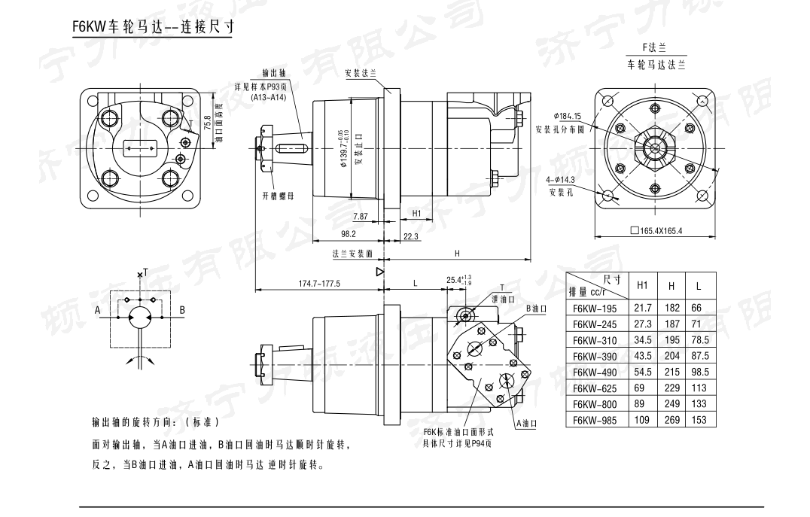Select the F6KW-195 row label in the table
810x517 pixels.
(594, 308)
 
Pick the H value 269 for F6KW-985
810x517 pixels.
(671, 420)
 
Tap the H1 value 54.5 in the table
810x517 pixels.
(642, 372)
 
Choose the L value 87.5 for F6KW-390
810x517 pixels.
(699, 355)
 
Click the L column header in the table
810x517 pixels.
(699, 286)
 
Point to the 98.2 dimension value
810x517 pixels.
(348, 234)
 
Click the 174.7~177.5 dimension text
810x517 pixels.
(320, 284)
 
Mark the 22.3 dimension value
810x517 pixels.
(411, 236)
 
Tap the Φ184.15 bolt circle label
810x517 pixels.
(567, 116)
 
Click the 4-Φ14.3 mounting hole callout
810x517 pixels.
(561, 180)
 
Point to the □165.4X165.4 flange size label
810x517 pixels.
(656, 230)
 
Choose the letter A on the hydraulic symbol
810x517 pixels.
(97, 310)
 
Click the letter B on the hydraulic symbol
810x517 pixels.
(182, 310)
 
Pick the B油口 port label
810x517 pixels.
(535, 309)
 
